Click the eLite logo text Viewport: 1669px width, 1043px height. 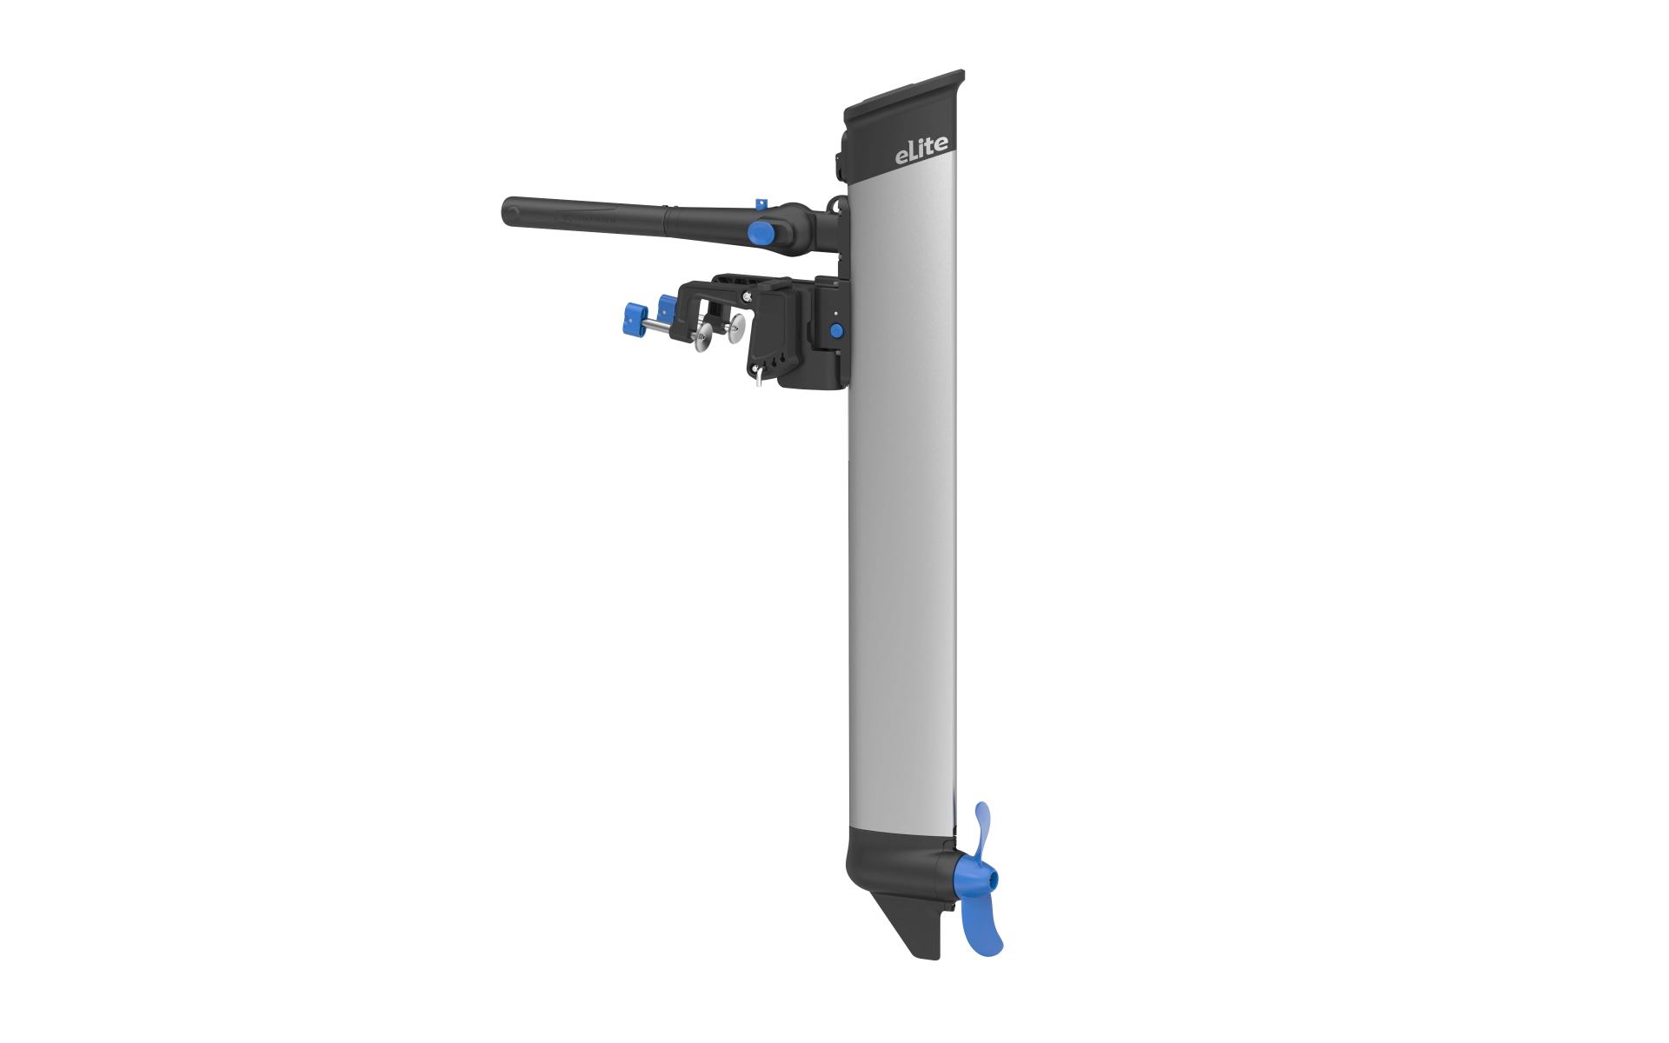click(x=921, y=149)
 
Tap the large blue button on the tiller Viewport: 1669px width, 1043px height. click(x=762, y=232)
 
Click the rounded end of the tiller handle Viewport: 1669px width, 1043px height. click(x=511, y=212)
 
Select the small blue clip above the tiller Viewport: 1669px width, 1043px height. click(x=760, y=203)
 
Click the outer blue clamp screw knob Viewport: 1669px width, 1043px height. click(x=635, y=318)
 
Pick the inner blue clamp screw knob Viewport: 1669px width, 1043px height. click(x=668, y=307)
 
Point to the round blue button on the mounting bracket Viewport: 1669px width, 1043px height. click(x=835, y=330)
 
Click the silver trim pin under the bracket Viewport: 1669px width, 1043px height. click(x=759, y=375)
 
